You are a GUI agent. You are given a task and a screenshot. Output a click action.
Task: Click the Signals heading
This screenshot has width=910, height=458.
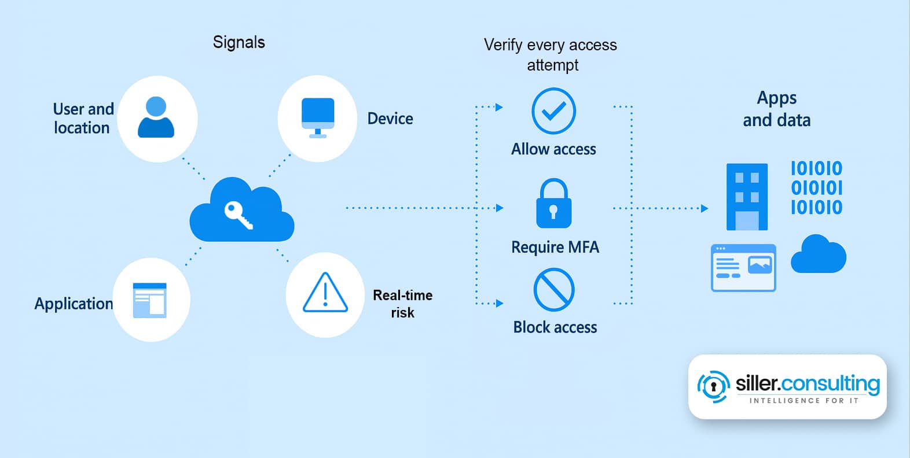tap(238, 42)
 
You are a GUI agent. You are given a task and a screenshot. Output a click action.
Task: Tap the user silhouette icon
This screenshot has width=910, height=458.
tap(156, 117)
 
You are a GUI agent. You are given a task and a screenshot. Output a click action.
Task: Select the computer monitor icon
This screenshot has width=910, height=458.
tap(318, 117)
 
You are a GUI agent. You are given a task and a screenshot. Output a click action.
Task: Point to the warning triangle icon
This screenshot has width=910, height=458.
tap(325, 293)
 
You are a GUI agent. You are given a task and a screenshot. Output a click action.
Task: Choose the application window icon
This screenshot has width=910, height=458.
tap(149, 300)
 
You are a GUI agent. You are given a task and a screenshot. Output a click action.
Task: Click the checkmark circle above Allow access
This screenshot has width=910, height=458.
tap(553, 111)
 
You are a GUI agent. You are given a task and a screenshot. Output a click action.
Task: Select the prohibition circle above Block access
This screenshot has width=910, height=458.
tap(553, 289)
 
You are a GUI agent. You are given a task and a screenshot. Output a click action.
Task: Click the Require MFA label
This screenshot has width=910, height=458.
tap(555, 248)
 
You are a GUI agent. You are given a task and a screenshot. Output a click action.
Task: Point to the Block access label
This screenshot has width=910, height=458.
tap(555, 327)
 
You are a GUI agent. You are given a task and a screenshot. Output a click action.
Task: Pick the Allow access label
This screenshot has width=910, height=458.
tap(553, 149)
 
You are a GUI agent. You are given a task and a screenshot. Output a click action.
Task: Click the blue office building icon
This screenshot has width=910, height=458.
tap(747, 197)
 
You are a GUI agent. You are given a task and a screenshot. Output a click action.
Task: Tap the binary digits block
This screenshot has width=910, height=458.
tap(816, 188)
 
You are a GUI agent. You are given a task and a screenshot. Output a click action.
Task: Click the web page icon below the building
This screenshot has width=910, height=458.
tap(743, 268)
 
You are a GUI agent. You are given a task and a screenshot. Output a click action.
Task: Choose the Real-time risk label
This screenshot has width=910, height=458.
tap(402, 304)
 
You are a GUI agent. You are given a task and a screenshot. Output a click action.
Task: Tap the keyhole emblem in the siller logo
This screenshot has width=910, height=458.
tap(713, 386)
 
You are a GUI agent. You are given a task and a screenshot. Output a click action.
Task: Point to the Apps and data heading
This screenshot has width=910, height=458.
tap(776, 109)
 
